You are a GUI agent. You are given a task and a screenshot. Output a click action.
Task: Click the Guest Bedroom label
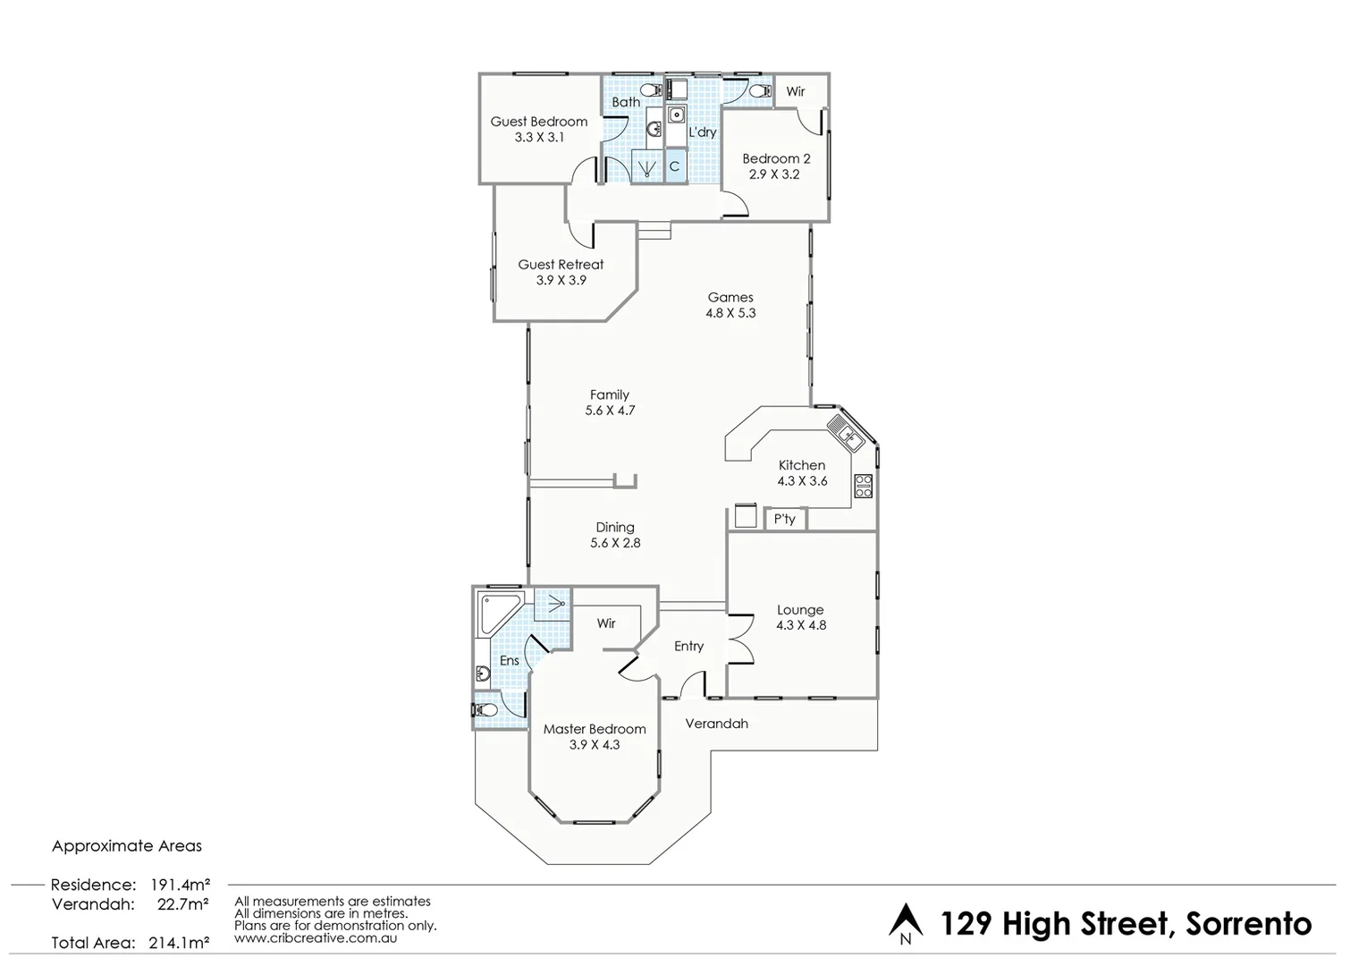tap(538, 122)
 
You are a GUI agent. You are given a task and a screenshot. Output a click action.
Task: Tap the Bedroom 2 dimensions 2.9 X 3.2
tap(774, 174)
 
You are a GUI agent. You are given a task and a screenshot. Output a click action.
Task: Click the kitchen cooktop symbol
tap(863, 486)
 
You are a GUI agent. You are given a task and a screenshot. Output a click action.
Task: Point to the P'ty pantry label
tap(785, 519)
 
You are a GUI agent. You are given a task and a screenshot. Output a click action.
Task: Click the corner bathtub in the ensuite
tap(497, 610)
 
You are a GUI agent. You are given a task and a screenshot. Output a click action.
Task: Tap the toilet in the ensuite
tap(485, 709)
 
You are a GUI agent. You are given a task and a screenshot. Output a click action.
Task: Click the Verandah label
tap(716, 724)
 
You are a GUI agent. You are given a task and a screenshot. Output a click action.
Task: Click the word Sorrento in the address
tap(1248, 923)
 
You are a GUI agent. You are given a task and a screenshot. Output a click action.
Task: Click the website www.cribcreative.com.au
tap(316, 938)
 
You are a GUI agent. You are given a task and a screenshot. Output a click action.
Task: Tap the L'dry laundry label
tap(702, 132)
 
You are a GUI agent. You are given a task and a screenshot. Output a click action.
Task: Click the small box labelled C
tap(674, 166)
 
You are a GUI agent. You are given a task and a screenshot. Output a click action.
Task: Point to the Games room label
tap(730, 297)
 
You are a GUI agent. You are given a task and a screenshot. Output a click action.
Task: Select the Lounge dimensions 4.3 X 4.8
tap(801, 625)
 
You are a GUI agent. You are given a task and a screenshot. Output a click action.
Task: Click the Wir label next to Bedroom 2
tap(795, 91)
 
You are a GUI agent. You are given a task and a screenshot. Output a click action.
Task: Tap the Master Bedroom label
tap(595, 729)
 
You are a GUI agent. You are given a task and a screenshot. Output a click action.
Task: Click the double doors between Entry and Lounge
tap(740, 639)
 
